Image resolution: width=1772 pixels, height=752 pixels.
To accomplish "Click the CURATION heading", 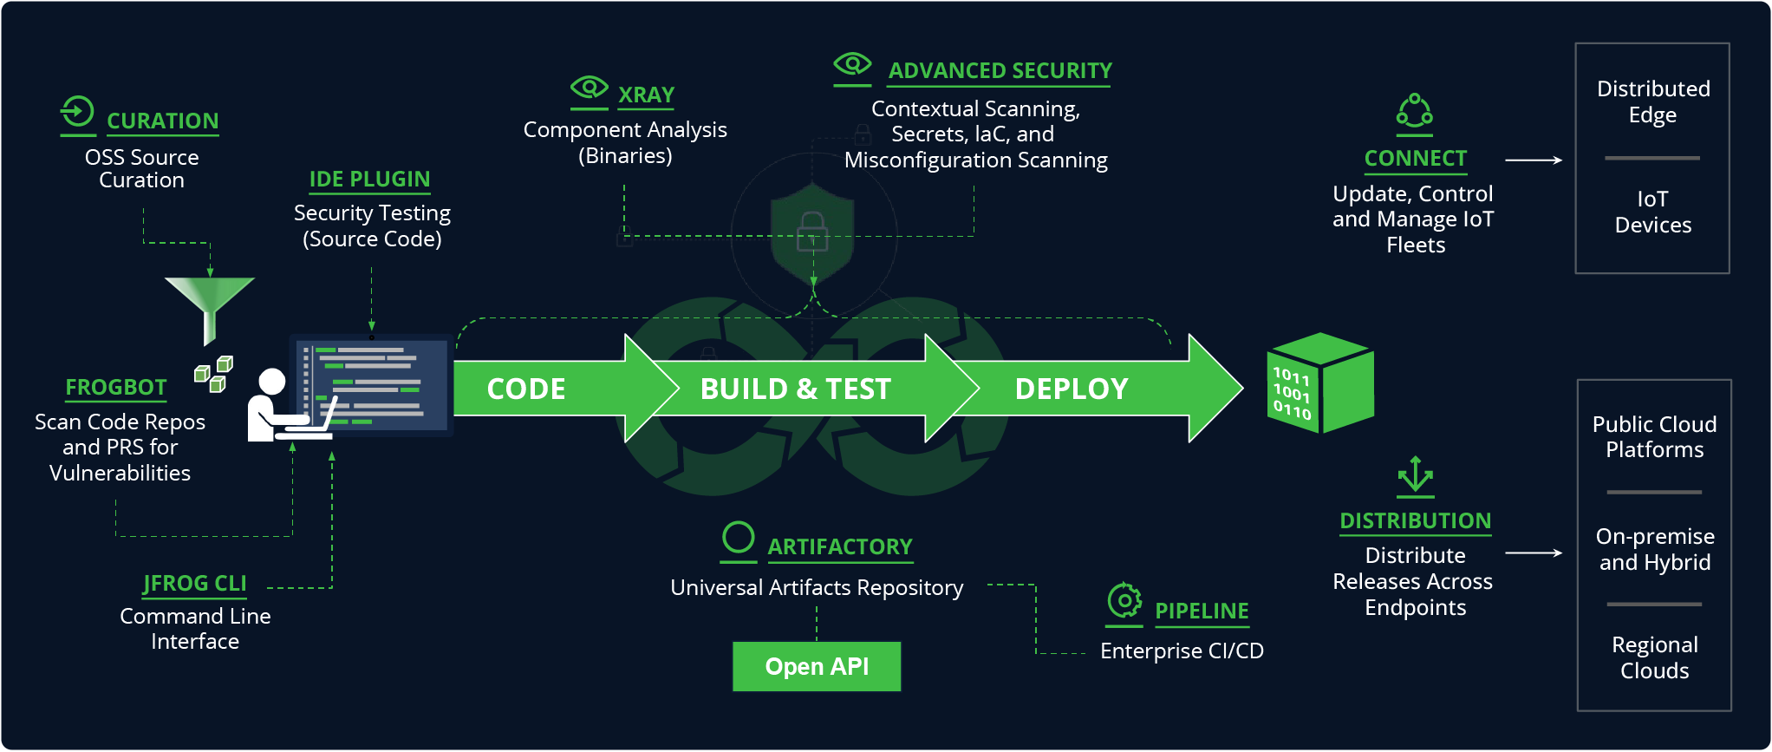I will (x=162, y=121).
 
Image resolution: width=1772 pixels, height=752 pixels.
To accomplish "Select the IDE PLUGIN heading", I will (x=369, y=179).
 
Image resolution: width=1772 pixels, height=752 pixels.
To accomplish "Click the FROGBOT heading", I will (x=116, y=387).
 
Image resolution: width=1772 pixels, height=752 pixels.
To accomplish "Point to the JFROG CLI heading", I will (x=195, y=583).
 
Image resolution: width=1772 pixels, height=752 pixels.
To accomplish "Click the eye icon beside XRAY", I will (x=590, y=88).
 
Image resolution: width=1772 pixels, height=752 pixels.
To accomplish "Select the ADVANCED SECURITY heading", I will (x=1000, y=70).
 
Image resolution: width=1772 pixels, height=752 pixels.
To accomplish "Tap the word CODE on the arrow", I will (x=526, y=389).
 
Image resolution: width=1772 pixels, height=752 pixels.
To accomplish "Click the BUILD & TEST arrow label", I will (x=795, y=389).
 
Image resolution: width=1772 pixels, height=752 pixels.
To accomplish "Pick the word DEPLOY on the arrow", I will (x=1072, y=389).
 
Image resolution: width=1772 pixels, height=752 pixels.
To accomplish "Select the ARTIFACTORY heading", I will (x=839, y=546).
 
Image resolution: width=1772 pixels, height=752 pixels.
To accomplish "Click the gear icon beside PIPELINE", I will (x=1124, y=600).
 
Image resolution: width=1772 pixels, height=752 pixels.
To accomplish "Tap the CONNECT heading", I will (x=1415, y=158).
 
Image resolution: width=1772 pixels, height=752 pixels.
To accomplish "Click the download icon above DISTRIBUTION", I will (x=1415, y=474).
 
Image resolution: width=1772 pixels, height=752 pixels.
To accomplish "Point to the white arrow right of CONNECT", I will (x=1534, y=160).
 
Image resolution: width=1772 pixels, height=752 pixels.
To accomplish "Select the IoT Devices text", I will (x=1652, y=212).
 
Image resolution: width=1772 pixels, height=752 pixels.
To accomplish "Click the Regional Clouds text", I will (x=1654, y=657).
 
